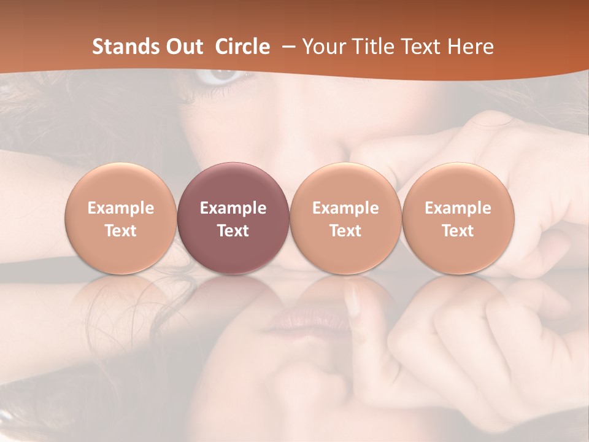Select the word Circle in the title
pyautogui.click(x=242, y=47)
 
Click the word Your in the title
pyautogui.click(x=322, y=47)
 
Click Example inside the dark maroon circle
pyautogui.click(x=233, y=209)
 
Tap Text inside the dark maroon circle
pyautogui.click(x=233, y=231)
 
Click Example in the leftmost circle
pyautogui.click(x=121, y=209)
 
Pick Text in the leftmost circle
pyautogui.click(x=121, y=231)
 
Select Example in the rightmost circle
pyautogui.click(x=458, y=209)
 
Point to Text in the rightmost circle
pyautogui.click(x=458, y=231)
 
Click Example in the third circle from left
pyautogui.click(x=345, y=209)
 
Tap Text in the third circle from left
pyautogui.click(x=345, y=231)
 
